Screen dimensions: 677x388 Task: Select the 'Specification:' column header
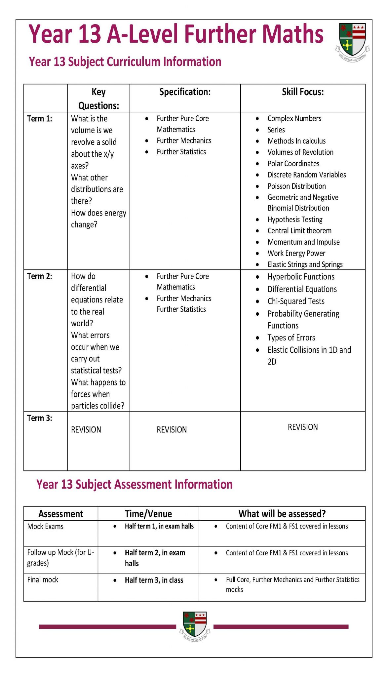click(x=185, y=92)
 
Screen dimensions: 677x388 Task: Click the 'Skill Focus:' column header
click(x=303, y=92)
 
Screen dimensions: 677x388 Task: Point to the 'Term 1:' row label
click(x=40, y=119)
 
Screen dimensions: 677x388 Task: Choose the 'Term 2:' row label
click(x=40, y=276)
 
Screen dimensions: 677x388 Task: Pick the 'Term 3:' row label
click(x=40, y=418)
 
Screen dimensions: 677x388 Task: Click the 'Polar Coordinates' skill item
click(x=293, y=164)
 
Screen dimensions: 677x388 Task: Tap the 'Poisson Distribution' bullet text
click(x=296, y=186)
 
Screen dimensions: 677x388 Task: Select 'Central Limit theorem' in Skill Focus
click(x=299, y=231)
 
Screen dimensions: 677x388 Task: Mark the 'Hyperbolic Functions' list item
click(x=301, y=277)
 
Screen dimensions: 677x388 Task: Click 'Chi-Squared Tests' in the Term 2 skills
click(x=296, y=301)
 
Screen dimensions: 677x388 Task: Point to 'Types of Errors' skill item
click(x=291, y=338)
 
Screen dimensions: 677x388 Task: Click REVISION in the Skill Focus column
click(x=303, y=427)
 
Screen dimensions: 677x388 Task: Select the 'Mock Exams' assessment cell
click(x=45, y=526)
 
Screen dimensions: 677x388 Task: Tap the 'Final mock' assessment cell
click(x=43, y=579)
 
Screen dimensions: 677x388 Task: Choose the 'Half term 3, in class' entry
click(x=154, y=580)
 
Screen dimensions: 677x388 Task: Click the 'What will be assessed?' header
click(x=282, y=514)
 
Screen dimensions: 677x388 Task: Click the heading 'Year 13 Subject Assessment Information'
click(x=134, y=484)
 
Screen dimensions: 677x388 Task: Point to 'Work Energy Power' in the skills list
click(x=296, y=253)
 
